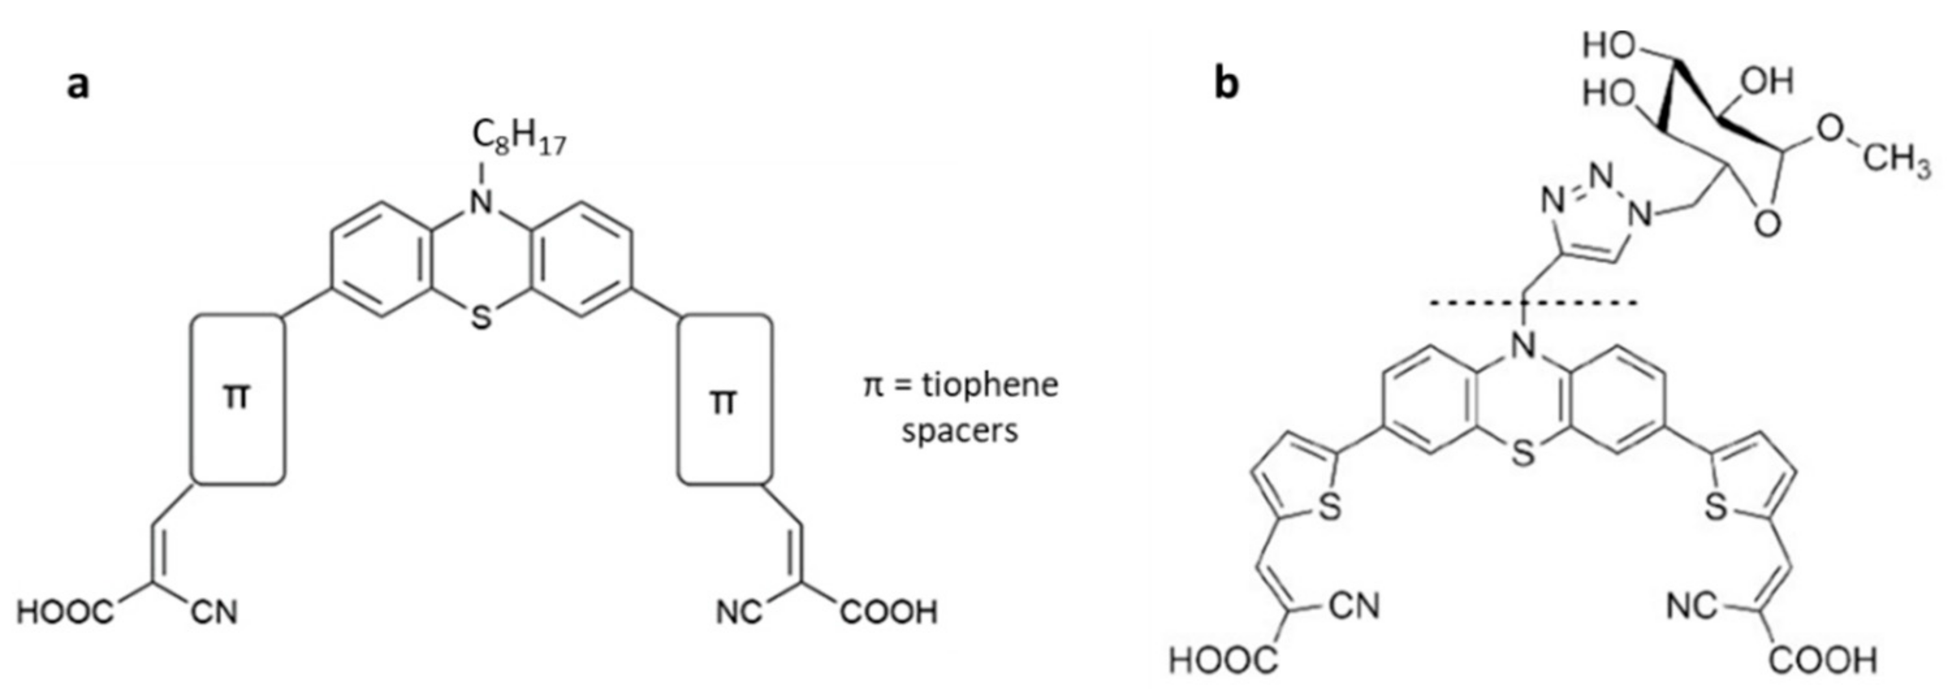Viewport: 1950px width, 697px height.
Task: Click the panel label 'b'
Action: tap(1226, 84)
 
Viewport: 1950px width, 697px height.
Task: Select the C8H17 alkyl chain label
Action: tap(519, 138)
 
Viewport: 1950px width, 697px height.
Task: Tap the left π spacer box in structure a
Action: tap(238, 399)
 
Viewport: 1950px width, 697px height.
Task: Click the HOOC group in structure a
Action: tap(65, 611)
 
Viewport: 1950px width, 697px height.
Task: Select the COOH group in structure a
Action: tap(889, 611)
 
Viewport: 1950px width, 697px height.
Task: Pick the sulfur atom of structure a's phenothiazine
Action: tap(481, 319)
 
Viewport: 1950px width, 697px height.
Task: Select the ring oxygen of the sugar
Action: tap(1768, 224)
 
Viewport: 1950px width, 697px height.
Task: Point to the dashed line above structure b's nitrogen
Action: tap(1533, 304)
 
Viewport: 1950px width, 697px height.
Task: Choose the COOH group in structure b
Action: tap(1824, 661)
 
